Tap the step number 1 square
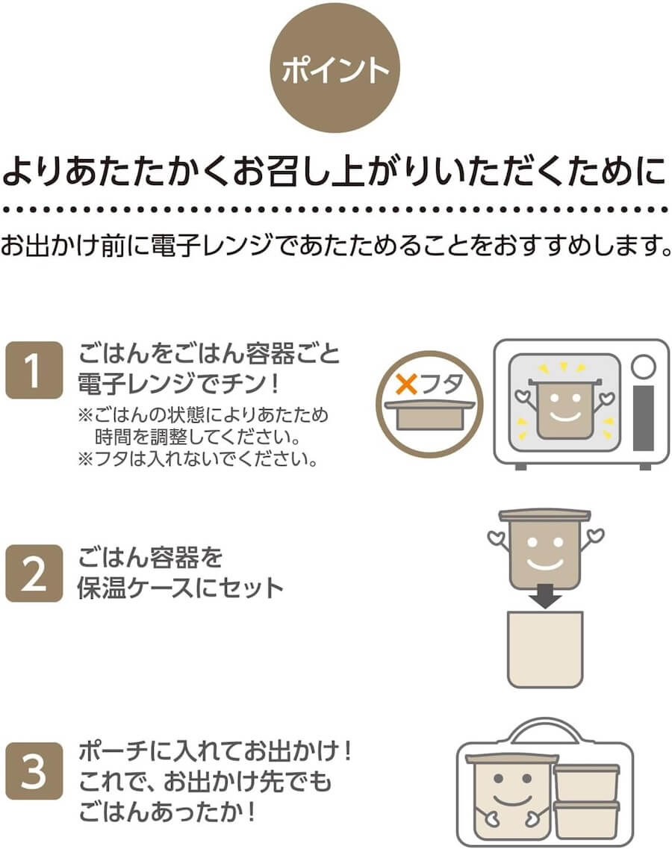pyautogui.click(x=34, y=370)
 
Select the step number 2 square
pyautogui.click(x=34, y=573)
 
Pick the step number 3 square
pyautogui.click(x=34, y=774)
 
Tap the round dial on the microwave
pyautogui.click(x=643, y=366)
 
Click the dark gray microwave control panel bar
pyautogui.click(x=643, y=418)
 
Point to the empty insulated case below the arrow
pyautogui.click(x=545, y=650)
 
